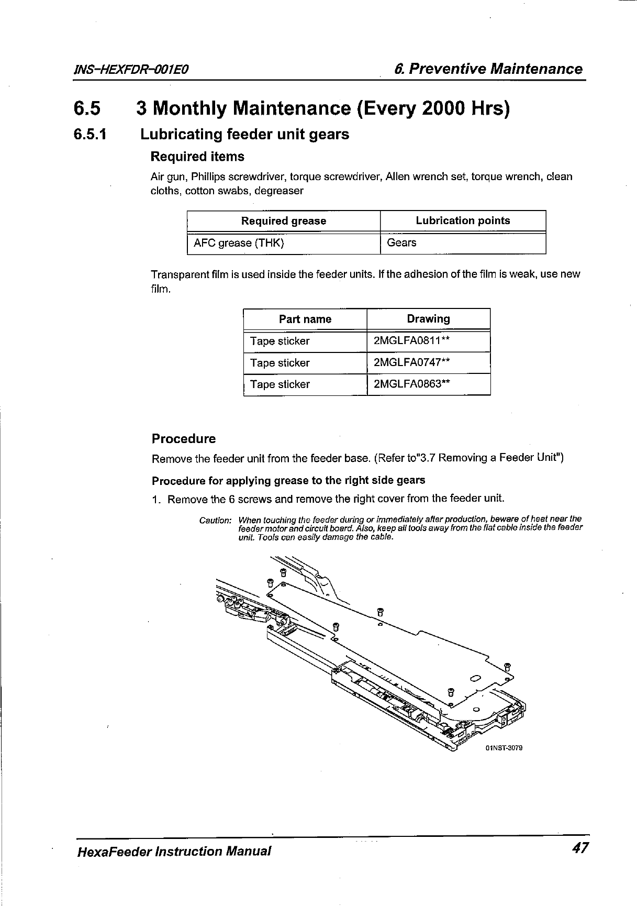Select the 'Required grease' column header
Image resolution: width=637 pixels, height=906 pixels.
283,221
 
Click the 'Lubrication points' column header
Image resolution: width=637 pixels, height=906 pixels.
463,220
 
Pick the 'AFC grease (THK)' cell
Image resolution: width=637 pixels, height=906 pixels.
239,243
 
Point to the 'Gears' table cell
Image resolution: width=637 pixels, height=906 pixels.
401,242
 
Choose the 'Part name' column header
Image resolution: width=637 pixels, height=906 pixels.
305,319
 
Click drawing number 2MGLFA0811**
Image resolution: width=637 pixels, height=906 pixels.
412,341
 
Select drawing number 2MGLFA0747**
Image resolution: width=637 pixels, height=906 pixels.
412,362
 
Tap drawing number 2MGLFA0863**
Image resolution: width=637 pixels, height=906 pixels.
412,384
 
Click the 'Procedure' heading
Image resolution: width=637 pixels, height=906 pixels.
183,439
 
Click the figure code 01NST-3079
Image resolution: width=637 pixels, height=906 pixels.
504,748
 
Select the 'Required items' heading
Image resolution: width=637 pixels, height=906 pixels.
197,157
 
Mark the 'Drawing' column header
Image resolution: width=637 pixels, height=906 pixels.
428,319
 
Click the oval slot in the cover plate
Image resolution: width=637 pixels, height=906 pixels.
476,679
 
